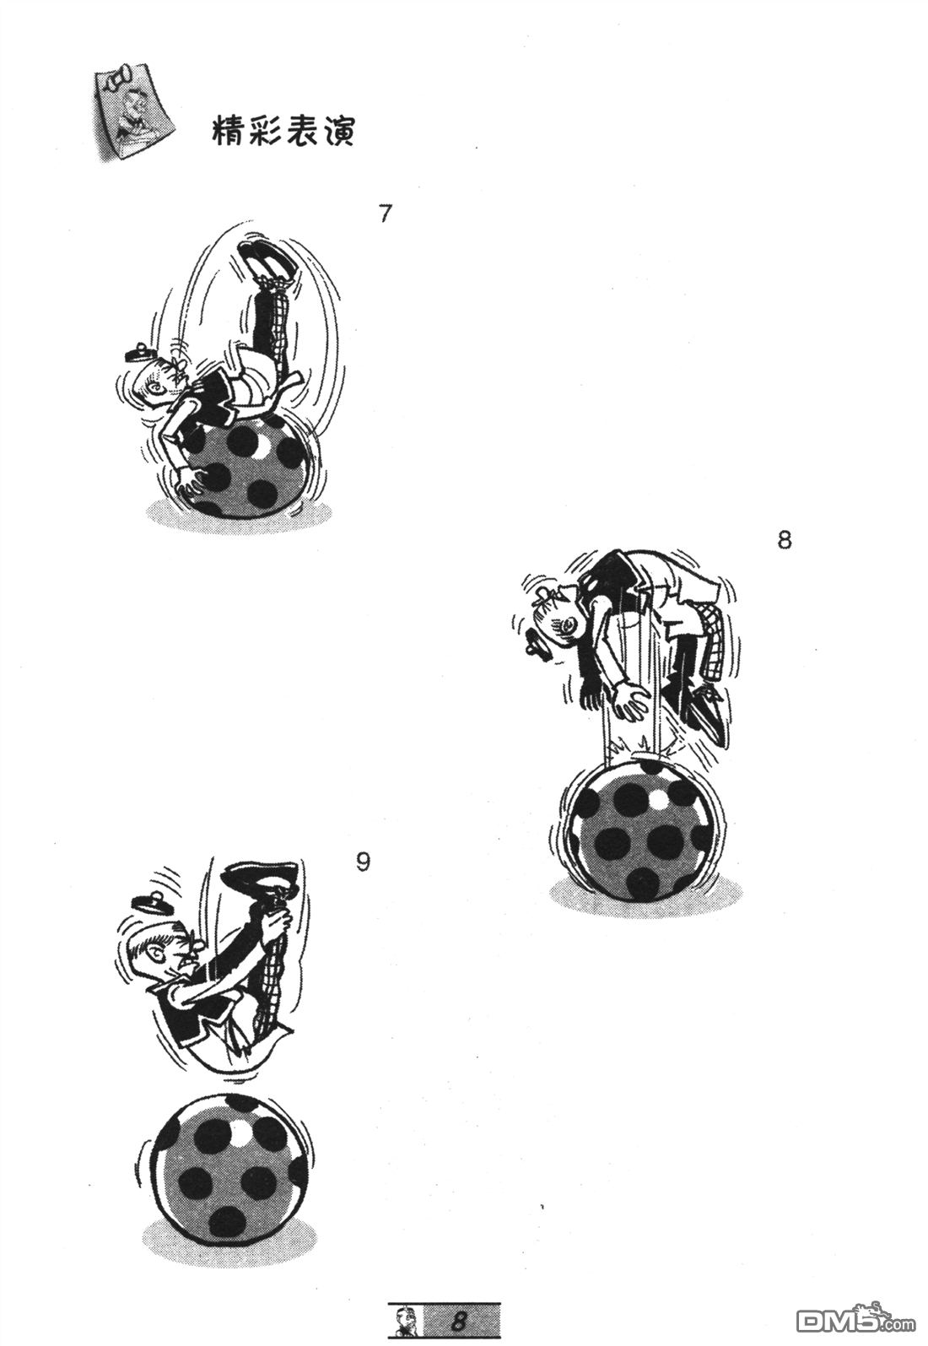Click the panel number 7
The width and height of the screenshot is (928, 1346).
click(386, 214)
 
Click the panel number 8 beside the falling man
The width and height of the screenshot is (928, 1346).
click(784, 539)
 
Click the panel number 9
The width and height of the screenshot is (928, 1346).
click(363, 862)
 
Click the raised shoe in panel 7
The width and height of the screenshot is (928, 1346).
click(266, 260)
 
